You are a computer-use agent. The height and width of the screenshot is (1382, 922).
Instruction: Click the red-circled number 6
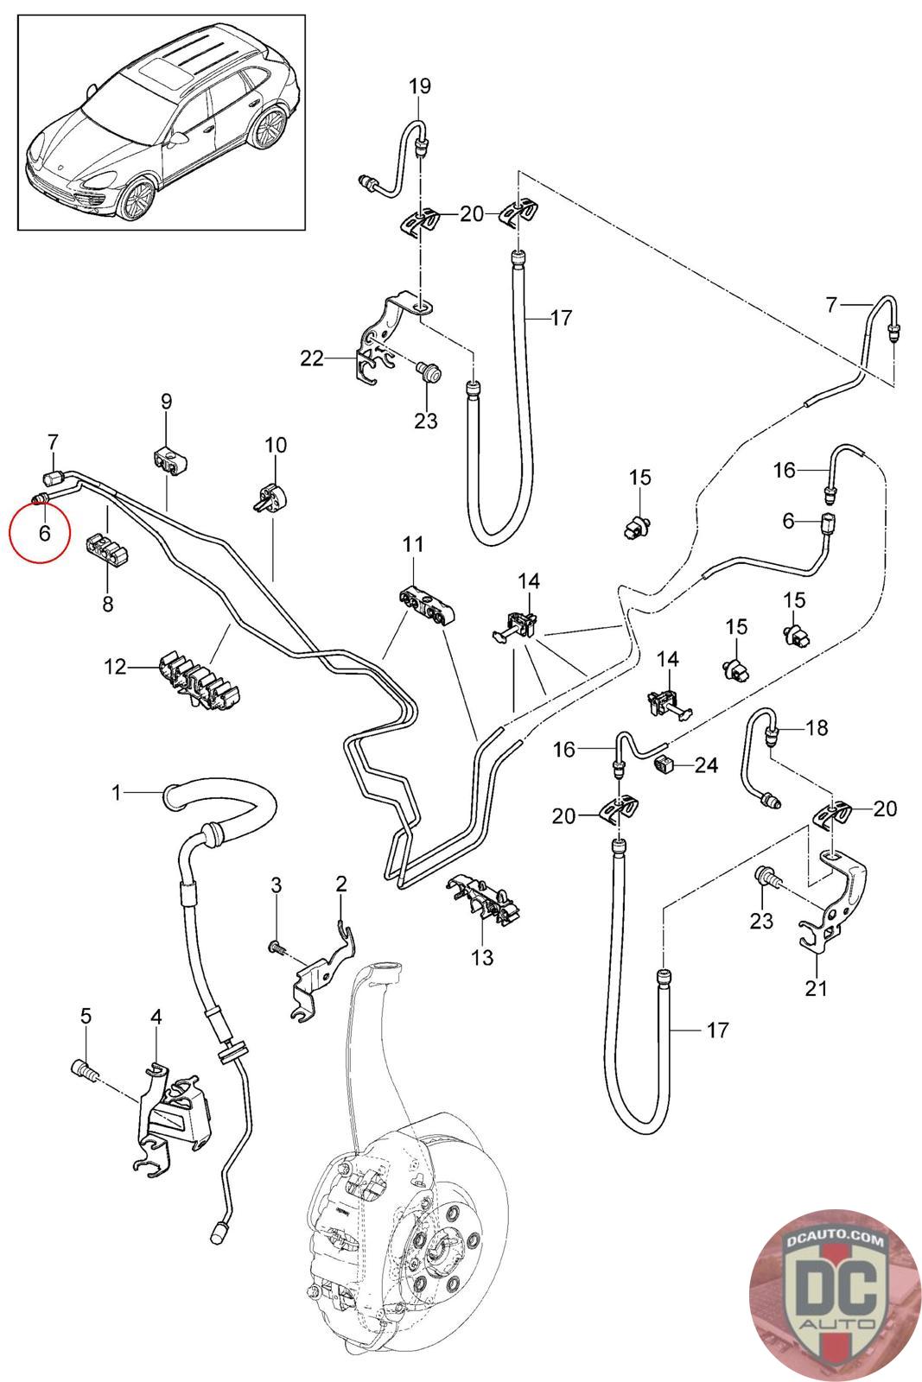44,533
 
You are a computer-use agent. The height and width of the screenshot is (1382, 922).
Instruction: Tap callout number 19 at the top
419,86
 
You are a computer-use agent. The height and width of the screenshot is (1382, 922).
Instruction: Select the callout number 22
311,358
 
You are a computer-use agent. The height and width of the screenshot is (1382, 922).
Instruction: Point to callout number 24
706,765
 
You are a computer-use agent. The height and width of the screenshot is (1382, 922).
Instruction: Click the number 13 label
482,957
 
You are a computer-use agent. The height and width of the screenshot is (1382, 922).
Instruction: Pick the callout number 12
115,666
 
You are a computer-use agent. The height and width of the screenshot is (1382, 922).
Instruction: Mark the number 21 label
816,987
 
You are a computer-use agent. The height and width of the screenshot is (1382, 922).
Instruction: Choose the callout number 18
816,728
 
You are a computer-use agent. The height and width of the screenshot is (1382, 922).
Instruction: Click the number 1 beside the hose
118,792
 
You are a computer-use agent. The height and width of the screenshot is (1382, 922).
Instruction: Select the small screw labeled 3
276,948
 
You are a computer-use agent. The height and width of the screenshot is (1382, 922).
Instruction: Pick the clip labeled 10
270,497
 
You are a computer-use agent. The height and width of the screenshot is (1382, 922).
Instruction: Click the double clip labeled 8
107,552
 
